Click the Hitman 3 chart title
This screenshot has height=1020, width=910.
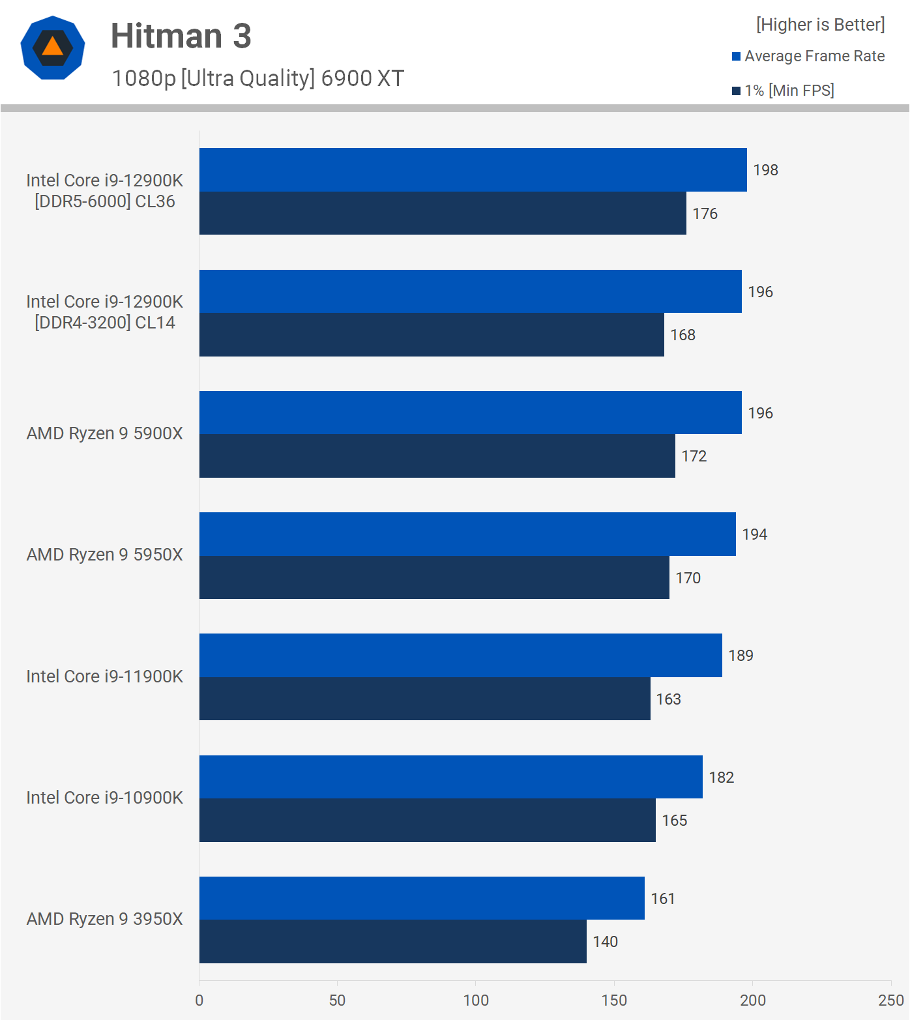(181, 36)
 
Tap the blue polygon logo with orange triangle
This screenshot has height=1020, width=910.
(53, 48)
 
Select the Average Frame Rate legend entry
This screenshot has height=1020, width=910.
(808, 56)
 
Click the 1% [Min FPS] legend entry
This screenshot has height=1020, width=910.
(782, 91)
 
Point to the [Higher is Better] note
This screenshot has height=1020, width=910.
(820, 25)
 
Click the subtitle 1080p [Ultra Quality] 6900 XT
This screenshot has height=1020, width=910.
(257, 78)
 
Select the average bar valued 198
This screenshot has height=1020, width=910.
(473, 169)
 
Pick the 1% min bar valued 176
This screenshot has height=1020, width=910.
(443, 213)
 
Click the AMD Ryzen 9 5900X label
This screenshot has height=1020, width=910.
(104, 433)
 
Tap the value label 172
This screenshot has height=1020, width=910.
(694, 456)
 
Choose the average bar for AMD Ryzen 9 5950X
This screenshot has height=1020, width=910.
(467, 534)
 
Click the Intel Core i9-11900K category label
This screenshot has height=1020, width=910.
(104, 677)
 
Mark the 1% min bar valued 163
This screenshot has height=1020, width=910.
(424, 699)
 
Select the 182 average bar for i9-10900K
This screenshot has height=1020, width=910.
(450, 777)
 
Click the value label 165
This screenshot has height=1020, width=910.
(674, 821)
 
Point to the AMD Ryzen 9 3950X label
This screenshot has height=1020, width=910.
(104, 919)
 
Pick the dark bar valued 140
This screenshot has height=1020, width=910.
(392, 941)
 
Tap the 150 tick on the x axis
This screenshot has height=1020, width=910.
(613, 1000)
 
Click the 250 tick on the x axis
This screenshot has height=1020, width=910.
(890, 1000)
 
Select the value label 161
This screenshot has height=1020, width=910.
(662, 899)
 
